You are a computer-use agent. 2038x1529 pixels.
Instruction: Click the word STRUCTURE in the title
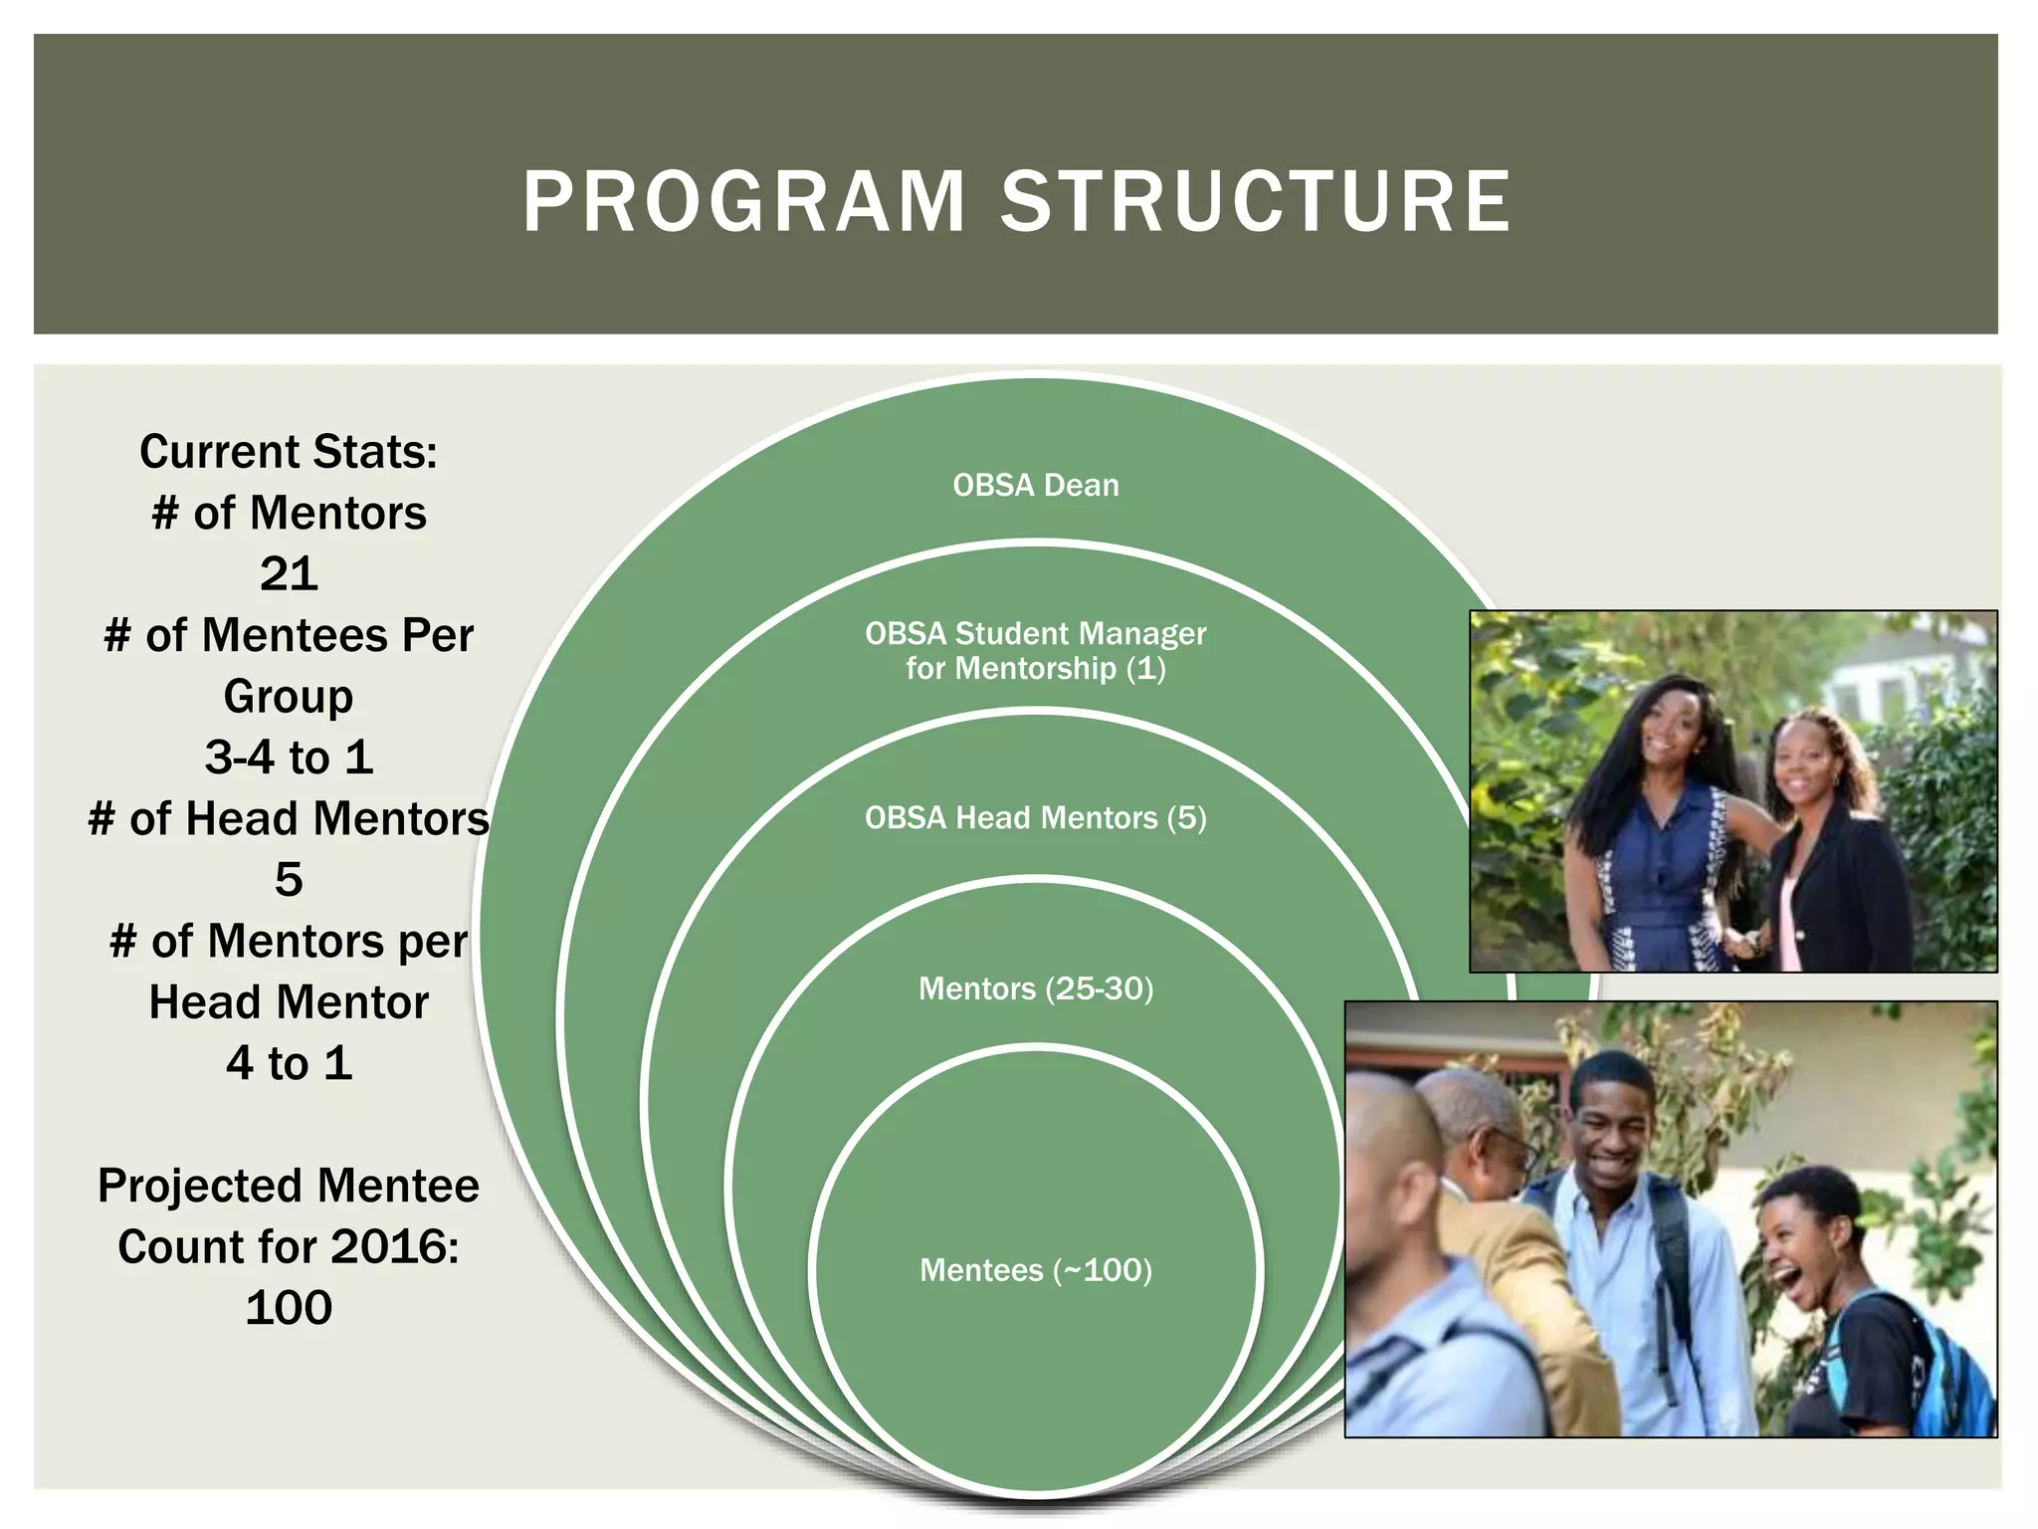(x=1256, y=202)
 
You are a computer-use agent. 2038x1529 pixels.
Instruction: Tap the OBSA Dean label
(x=1035, y=486)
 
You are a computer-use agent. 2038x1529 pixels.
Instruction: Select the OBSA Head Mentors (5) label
(x=1035, y=818)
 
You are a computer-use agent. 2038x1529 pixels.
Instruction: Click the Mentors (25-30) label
(x=1035, y=989)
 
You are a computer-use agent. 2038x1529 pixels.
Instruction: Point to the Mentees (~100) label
(x=1035, y=1271)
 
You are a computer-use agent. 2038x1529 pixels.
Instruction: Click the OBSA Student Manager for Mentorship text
(x=1035, y=651)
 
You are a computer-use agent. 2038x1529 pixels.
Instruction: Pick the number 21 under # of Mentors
(x=289, y=574)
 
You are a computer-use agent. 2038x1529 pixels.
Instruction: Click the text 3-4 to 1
(x=289, y=758)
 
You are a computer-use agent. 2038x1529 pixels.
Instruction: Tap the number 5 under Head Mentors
(x=289, y=880)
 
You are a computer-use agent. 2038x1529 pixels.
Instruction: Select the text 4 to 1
(x=289, y=1063)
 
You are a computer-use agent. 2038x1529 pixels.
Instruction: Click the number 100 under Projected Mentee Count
(x=289, y=1308)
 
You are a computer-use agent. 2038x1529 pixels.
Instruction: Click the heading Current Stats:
(x=289, y=452)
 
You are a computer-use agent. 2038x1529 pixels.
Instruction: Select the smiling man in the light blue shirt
(x=1632, y=1244)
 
